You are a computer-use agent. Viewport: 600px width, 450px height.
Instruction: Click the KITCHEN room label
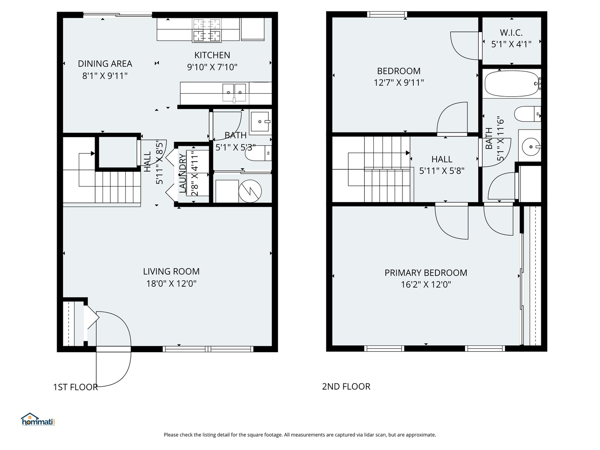tap(212, 55)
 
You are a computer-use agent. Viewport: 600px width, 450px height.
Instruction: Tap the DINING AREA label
tap(105, 64)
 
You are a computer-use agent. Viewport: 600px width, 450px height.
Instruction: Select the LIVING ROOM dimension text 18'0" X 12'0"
tap(171, 284)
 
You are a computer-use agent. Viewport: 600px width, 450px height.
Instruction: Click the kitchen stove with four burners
tap(207, 30)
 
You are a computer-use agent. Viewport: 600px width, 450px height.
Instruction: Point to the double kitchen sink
tap(234, 92)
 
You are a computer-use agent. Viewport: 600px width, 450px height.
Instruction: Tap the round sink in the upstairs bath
tap(531, 147)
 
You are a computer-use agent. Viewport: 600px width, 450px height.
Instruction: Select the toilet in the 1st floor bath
tap(258, 153)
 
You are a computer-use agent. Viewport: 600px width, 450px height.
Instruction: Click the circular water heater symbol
tap(250, 191)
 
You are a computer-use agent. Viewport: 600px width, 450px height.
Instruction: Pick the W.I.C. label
tap(511, 33)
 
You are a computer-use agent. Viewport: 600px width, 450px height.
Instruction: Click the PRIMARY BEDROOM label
tap(426, 272)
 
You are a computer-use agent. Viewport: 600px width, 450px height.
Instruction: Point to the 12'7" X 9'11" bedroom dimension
tap(399, 82)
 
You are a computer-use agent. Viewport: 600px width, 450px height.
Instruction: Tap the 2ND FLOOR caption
tap(346, 386)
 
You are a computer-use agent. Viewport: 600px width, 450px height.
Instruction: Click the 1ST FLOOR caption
tap(75, 387)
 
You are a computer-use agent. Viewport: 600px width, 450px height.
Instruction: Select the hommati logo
tap(38, 420)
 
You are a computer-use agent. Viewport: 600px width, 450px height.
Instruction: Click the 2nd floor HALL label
tap(442, 159)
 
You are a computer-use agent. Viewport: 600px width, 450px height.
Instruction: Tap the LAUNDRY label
tap(182, 173)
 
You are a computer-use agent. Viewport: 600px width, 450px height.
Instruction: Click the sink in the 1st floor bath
tap(260, 122)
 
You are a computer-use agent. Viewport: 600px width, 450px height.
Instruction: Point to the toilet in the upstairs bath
tap(527, 114)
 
